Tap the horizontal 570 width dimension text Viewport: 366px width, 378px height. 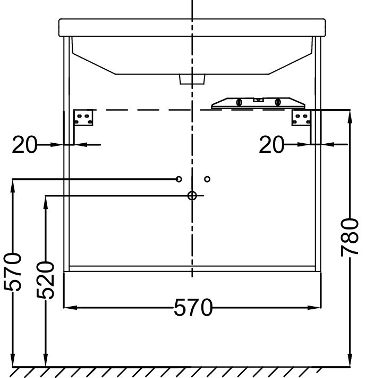[x=192, y=308]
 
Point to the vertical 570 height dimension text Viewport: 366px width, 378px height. [x=13, y=272]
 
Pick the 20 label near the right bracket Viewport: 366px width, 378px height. [x=271, y=144]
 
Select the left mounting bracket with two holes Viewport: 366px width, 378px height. [x=83, y=118]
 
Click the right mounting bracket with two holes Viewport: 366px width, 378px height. [x=300, y=118]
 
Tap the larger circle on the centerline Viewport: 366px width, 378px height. [x=192, y=196]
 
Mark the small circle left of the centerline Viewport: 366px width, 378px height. [x=179, y=179]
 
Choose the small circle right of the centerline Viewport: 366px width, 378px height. [x=207, y=179]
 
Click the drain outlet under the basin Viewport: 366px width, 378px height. [x=192, y=79]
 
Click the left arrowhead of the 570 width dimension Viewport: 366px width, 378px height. [x=68, y=308]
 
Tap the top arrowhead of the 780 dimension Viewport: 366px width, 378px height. [x=350, y=113]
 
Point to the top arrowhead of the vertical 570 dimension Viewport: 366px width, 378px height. [x=13, y=183]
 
